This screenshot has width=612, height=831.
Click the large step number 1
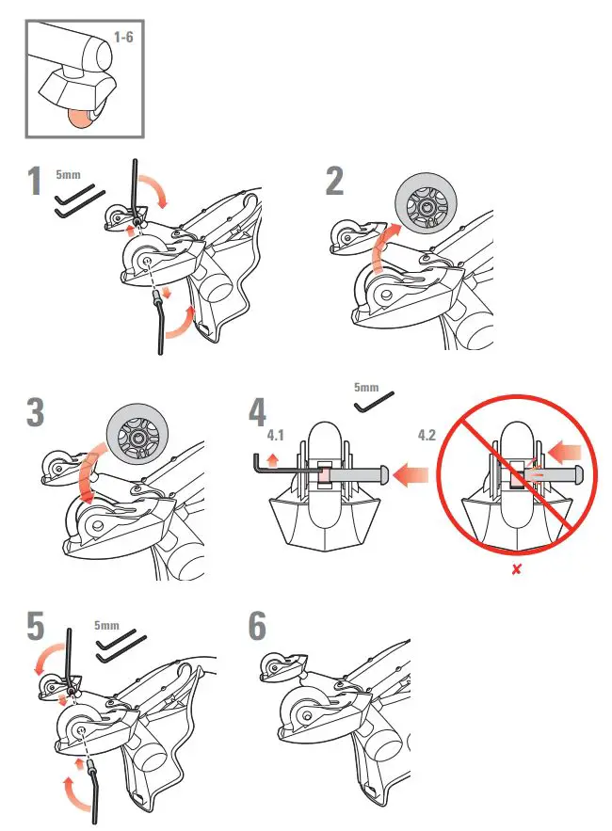(35, 181)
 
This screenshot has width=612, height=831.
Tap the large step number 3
(36, 412)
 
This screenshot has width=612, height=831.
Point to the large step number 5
(35, 628)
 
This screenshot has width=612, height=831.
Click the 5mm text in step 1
(68, 174)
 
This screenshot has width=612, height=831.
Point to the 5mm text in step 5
(107, 624)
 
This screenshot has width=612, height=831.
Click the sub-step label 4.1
(276, 436)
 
